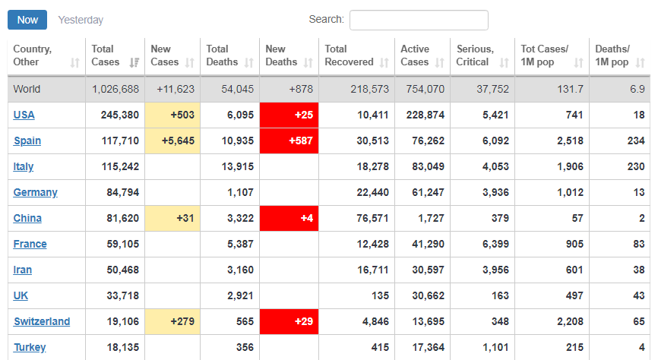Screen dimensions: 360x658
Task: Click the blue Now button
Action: tap(27, 20)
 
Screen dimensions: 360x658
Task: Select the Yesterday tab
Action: tap(81, 20)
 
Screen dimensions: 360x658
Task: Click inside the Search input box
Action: tap(419, 20)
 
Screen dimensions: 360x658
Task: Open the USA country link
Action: tap(24, 115)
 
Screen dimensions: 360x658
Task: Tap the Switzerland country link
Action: tap(42, 321)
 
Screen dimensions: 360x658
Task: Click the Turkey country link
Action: tap(30, 347)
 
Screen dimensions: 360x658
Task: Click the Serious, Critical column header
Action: tap(475, 55)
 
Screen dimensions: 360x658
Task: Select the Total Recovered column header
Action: tap(349, 55)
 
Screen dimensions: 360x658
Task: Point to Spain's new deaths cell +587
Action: tap(289, 141)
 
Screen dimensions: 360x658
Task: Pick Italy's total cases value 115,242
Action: tap(120, 166)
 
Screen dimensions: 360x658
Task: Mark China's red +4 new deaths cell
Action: tap(289, 218)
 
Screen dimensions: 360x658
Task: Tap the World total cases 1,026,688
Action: tap(115, 89)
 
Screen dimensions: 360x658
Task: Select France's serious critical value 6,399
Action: tap(494, 244)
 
